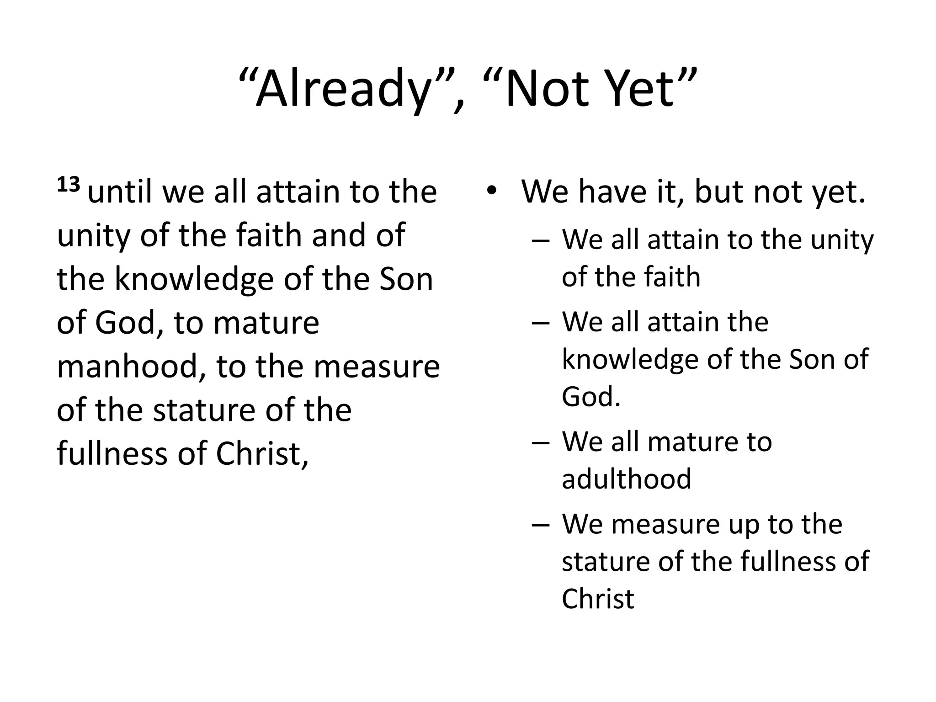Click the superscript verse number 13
coord(69,185)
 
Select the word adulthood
coord(626,479)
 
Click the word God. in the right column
coord(591,396)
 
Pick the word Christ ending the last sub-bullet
coord(598,599)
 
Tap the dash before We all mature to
coord(541,442)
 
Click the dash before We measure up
coord(541,525)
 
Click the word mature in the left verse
coord(266,323)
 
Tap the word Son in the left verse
coord(406,279)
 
